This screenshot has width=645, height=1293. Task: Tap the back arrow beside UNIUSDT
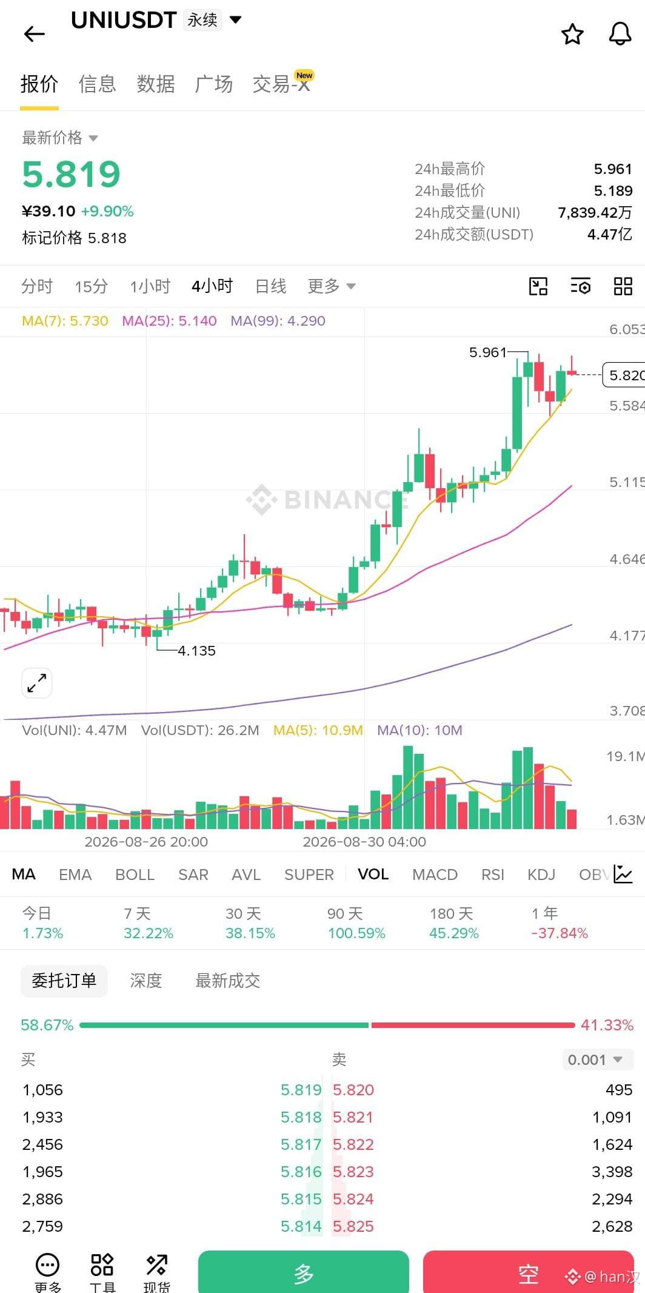(x=34, y=34)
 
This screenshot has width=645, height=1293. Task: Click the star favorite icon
(x=572, y=34)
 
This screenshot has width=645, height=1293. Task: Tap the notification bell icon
(x=620, y=34)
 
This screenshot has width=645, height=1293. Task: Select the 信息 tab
(x=97, y=84)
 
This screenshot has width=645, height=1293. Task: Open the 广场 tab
(x=213, y=84)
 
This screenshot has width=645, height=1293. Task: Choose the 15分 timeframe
(x=91, y=286)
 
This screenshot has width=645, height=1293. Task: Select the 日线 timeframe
(x=270, y=286)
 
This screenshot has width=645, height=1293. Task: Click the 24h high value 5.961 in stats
(x=613, y=169)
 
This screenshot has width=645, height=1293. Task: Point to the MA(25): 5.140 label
(x=169, y=321)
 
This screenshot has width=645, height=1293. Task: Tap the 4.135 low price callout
(x=196, y=651)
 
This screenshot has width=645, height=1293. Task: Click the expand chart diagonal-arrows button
(x=37, y=683)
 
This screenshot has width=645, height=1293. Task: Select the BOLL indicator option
(x=135, y=875)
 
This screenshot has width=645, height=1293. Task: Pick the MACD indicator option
(x=435, y=875)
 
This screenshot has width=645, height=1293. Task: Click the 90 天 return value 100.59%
(x=356, y=933)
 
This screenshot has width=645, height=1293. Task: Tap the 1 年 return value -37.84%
(x=560, y=933)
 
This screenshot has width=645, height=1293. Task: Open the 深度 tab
(x=145, y=981)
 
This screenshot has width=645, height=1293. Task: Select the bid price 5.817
(x=301, y=1144)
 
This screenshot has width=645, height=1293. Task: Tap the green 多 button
(x=304, y=1272)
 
